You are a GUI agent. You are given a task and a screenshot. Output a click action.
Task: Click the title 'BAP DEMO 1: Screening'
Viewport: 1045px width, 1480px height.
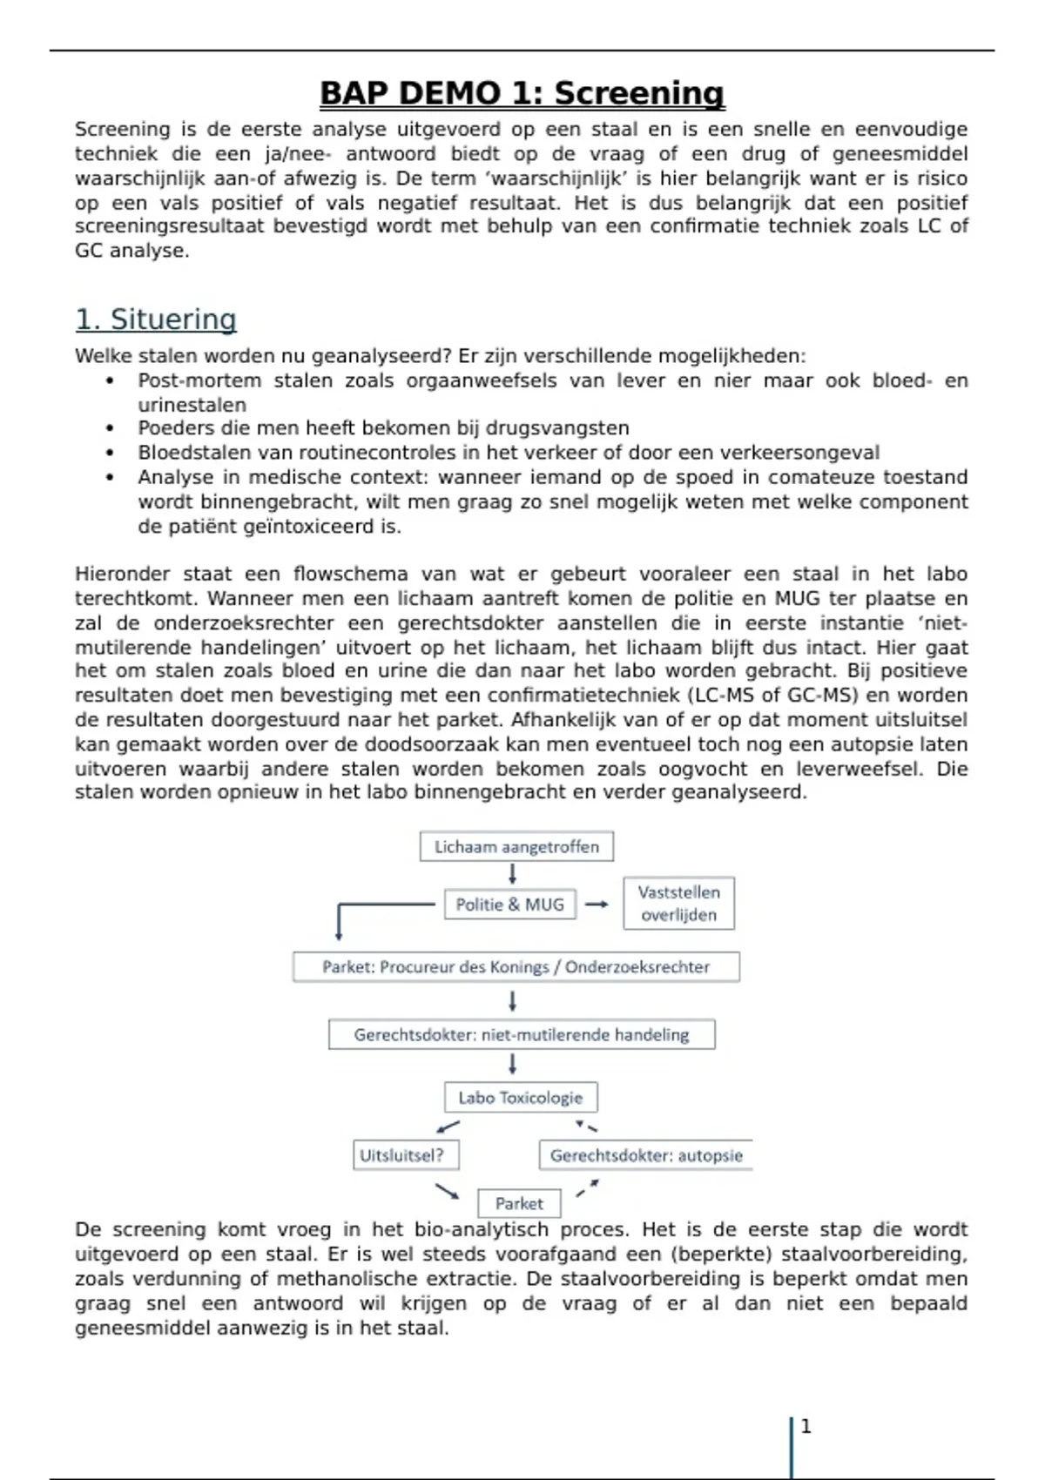coord(522,93)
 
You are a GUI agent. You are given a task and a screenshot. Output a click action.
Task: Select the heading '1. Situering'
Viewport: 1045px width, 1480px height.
coord(156,320)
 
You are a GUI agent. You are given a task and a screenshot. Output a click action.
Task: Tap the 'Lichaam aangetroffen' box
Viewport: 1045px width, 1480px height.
coord(516,846)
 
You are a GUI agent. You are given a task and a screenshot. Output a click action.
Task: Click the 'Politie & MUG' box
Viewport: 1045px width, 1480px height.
coord(510,905)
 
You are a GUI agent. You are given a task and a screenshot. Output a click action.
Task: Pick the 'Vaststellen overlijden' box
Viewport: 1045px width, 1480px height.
coord(678,904)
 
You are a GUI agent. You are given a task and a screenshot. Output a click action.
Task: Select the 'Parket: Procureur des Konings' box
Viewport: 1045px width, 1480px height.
coord(516,967)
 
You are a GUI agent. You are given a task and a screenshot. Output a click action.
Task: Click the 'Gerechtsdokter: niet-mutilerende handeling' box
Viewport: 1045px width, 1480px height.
coord(521,1035)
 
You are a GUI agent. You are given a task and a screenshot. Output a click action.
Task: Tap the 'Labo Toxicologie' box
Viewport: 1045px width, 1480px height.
coord(521,1098)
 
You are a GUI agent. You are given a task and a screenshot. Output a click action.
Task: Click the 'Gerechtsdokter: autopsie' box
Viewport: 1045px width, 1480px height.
coord(646,1156)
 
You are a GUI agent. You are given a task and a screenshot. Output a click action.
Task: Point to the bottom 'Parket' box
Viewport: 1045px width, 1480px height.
coord(519,1204)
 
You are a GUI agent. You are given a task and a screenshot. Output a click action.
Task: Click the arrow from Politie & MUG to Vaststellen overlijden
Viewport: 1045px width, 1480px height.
coord(597,905)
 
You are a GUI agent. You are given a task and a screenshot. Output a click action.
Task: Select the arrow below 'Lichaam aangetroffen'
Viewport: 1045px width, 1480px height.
coord(512,873)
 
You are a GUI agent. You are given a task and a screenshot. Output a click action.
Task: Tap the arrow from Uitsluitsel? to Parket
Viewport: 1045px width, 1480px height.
coord(447,1190)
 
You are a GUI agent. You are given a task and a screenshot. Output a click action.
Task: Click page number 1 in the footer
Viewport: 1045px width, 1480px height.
coord(806,1426)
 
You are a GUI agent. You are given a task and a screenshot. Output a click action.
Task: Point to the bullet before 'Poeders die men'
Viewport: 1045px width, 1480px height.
coord(110,428)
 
